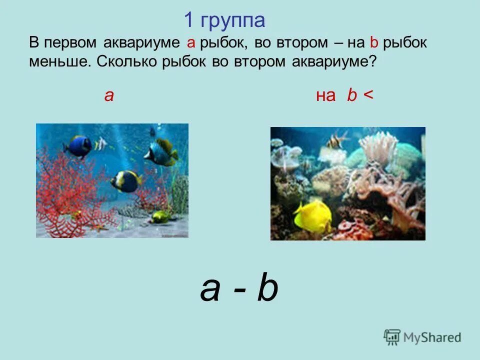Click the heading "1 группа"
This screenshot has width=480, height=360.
(x=224, y=21)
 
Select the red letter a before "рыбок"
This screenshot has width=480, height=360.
(x=190, y=43)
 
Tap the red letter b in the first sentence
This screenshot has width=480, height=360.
(x=373, y=43)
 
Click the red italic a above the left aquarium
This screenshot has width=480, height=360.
(x=109, y=95)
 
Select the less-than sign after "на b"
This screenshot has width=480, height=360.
(x=368, y=95)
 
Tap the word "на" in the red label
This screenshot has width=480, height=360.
(x=325, y=95)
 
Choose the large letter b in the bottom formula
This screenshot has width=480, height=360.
(x=267, y=289)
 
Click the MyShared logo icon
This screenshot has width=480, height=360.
(x=392, y=336)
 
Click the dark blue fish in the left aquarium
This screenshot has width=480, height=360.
(x=79, y=145)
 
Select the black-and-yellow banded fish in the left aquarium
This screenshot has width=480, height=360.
(x=126, y=180)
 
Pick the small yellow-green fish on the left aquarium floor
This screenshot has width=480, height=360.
(x=161, y=216)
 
